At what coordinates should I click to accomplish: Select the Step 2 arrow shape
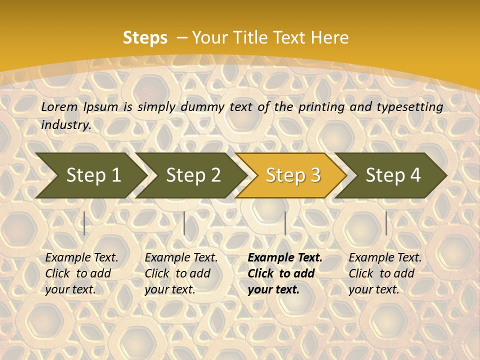[192, 175]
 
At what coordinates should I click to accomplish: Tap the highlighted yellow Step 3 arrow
[292, 175]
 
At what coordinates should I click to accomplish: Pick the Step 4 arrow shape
[392, 175]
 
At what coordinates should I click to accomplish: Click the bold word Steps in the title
[145, 38]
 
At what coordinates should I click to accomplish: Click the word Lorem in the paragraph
[59, 106]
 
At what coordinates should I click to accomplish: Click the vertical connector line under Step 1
[84, 223]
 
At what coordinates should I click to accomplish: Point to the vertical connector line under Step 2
[184, 223]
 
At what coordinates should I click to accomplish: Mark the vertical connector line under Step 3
[285, 223]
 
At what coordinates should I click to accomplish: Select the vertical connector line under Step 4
[386, 223]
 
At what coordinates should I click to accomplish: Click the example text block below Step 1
[81, 273]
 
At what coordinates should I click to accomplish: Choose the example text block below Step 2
[181, 273]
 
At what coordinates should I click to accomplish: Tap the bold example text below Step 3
[285, 273]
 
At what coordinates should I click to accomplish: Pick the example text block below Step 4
[385, 273]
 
